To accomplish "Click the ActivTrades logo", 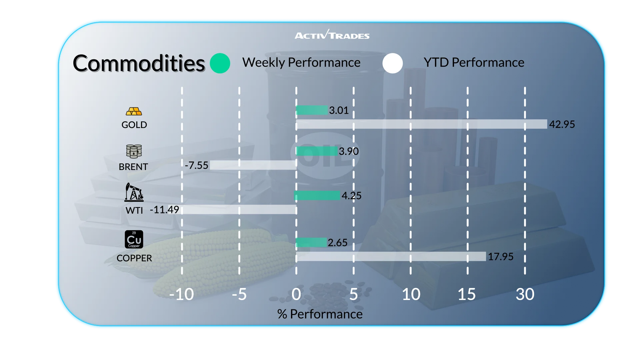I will click(x=332, y=35).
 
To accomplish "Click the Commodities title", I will click(x=139, y=63).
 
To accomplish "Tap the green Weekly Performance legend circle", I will click(x=220, y=63).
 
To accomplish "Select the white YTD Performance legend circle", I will click(x=393, y=63).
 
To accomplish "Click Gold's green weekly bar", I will click(x=312, y=110).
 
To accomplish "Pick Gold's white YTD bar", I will click(x=422, y=124).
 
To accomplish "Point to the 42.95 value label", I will click(x=562, y=124).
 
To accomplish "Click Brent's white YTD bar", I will click(x=253, y=165).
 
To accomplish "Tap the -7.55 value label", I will click(x=197, y=165).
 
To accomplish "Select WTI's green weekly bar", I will click(x=317, y=196).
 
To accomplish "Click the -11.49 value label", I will click(x=165, y=210).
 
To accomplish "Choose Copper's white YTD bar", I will click(x=391, y=256).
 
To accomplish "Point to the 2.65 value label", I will click(x=338, y=243).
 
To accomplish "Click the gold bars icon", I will click(x=134, y=111).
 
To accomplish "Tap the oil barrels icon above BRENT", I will click(x=134, y=151).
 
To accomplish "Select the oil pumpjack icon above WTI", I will click(x=134, y=192).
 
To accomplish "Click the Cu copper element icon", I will click(x=134, y=239).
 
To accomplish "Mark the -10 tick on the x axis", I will click(x=181, y=294).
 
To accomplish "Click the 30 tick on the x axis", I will click(x=525, y=294).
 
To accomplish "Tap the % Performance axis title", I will click(x=320, y=314).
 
